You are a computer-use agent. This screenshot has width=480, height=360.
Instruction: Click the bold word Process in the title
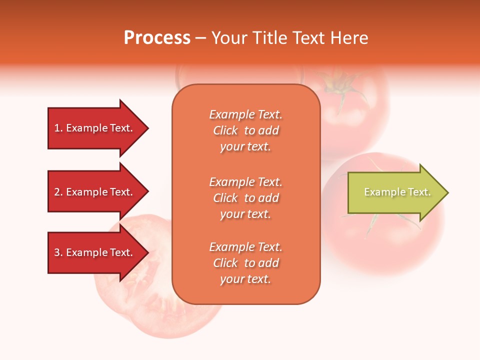[x=157, y=38]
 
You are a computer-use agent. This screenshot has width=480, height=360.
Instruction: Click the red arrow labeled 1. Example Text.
[x=95, y=128]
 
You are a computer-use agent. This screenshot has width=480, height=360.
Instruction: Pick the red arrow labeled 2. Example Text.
[x=95, y=192]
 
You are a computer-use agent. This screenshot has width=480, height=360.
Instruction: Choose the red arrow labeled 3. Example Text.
[x=95, y=252]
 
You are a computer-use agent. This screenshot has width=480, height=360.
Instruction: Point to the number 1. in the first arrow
[x=58, y=128]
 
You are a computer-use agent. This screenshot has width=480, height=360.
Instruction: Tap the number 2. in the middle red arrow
[x=58, y=192]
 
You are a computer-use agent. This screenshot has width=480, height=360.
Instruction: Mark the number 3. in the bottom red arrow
[x=58, y=252]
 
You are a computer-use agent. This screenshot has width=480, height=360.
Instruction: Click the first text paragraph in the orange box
[x=246, y=130]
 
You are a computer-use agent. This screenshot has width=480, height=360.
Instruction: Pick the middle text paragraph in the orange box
[x=246, y=198]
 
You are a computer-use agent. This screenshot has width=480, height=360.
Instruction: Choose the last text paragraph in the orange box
[x=246, y=263]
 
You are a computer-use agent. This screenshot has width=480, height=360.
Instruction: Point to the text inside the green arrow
[x=397, y=192]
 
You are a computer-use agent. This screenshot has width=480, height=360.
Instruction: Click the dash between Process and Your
[x=200, y=38]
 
